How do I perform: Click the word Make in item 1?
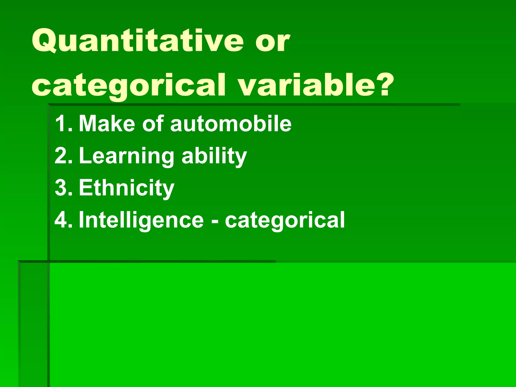[x=107, y=123]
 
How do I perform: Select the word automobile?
[x=231, y=123]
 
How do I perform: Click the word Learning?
[x=126, y=156]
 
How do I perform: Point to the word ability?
[x=214, y=156]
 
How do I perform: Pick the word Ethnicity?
[x=126, y=188]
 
